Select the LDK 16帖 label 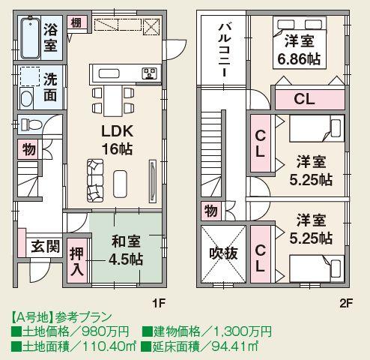(118, 139)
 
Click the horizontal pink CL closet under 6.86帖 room (303, 98)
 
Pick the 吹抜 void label (223, 254)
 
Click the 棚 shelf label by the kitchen (76, 22)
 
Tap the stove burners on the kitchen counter (148, 73)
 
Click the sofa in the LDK (97, 173)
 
